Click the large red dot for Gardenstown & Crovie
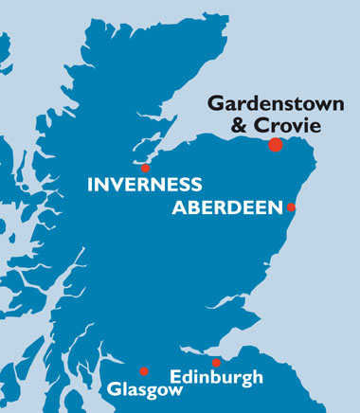(275, 145)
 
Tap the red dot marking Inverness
(145, 168)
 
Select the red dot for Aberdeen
(291, 206)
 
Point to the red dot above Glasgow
(144, 371)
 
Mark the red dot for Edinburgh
(216, 363)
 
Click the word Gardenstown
(267, 102)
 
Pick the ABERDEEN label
(227, 207)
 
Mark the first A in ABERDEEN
(179, 207)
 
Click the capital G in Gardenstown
(214, 102)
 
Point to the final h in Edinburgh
(257, 377)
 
